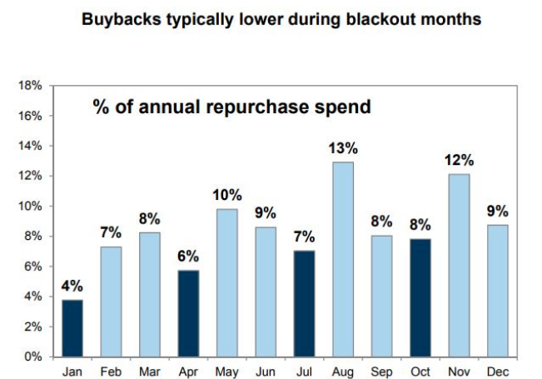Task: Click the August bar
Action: (x=343, y=259)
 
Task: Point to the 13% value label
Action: (x=343, y=148)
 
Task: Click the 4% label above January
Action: (x=73, y=286)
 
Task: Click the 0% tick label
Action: (x=34, y=357)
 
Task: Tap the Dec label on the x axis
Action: (x=496, y=371)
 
